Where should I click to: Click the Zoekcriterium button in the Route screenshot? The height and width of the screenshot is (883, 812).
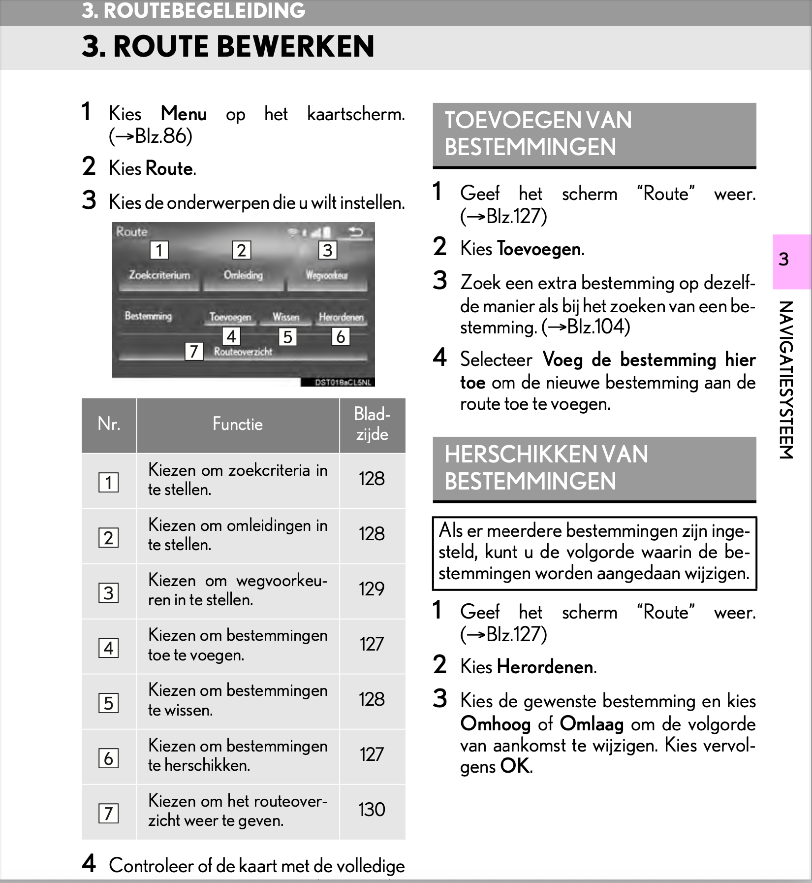click(x=159, y=275)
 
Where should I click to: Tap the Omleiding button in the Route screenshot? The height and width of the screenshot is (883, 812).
click(x=243, y=275)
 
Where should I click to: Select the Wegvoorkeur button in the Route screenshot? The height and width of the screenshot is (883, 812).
click(x=327, y=275)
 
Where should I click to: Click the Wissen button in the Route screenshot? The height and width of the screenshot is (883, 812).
click(x=286, y=317)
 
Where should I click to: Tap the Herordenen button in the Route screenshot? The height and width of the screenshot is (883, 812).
click(x=341, y=317)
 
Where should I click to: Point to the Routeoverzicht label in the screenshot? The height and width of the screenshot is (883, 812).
click(x=243, y=352)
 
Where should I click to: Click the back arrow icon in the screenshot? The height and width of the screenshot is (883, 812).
click(x=355, y=231)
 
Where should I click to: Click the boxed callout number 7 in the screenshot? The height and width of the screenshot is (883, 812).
click(x=194, y=351)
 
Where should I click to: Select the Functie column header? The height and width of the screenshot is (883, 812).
click(x=238, y=425)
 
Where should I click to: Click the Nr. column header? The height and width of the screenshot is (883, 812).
click(x=109, y=424)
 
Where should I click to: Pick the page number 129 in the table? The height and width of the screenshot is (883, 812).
click(x=372, y=589)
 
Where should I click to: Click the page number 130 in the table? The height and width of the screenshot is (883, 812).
click(x=372, y=810)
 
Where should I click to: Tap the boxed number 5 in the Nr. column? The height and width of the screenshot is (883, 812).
click(x=108, y=703)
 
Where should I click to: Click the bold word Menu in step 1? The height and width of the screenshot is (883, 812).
click(x=184, y=114)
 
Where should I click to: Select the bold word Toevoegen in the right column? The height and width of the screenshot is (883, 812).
click(x=539, y=249)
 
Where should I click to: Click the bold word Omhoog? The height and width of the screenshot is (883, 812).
click(x=496, y=724)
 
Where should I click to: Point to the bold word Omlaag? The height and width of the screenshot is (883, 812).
click(x=592, y=724)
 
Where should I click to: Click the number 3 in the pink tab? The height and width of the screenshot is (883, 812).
click(x=784, y=259)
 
